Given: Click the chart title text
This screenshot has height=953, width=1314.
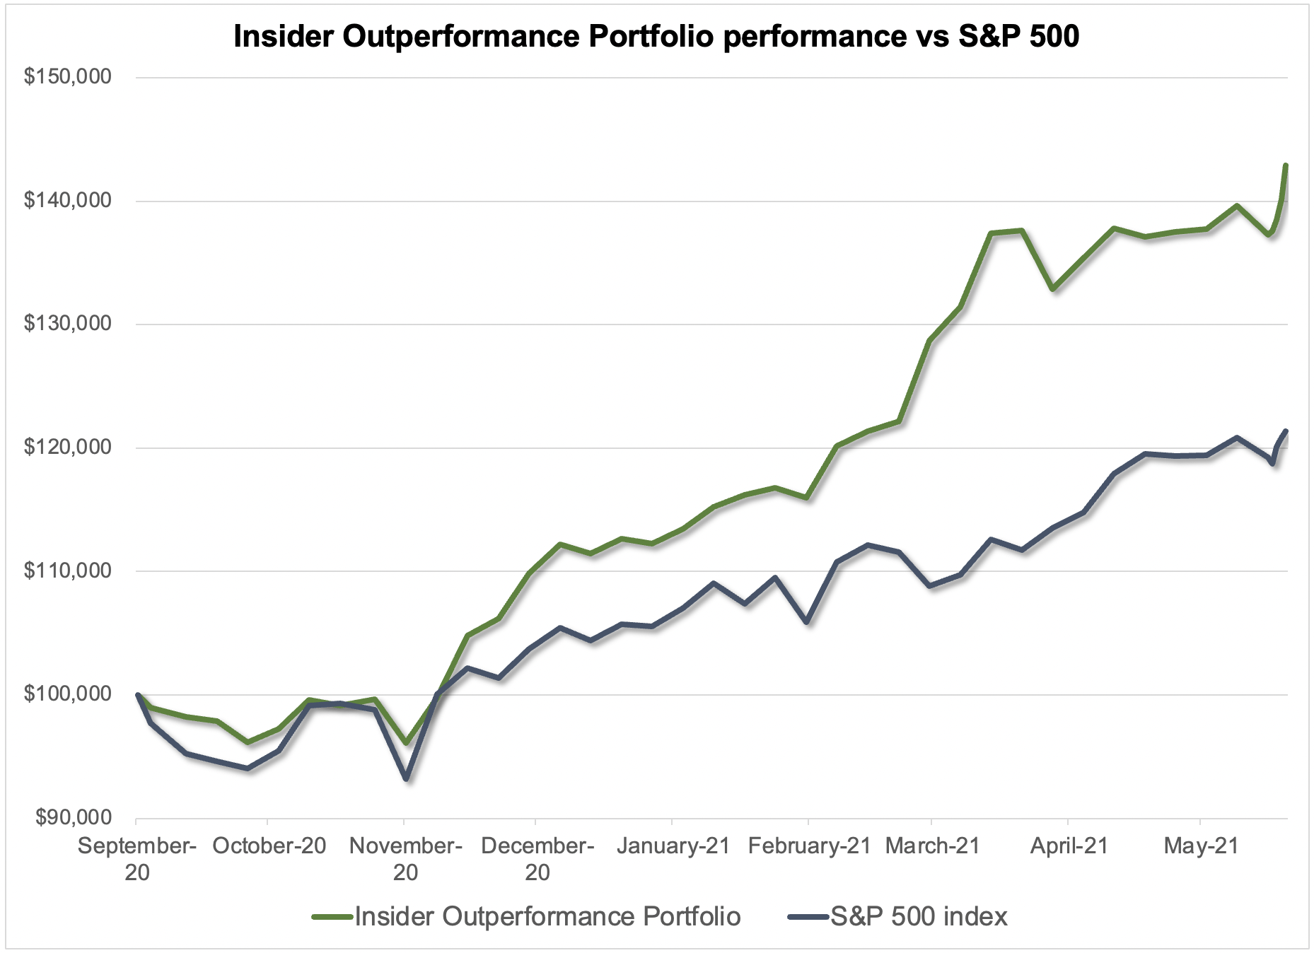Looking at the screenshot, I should coord(656,37).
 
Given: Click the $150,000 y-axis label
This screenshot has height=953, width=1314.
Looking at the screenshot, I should coord(68,76).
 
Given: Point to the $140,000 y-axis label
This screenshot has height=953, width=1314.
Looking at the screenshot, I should coord(68,200).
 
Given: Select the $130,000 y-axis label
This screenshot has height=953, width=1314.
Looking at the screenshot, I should coord(68,323).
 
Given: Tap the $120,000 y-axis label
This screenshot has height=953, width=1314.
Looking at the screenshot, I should coord(68,447).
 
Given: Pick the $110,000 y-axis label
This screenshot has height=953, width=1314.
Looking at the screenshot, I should coord(68,570).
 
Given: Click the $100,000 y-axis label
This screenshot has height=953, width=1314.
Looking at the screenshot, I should coord(68,694).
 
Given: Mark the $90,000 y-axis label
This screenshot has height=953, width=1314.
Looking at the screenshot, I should coord(74,817).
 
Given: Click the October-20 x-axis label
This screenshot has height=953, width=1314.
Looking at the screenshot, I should coord(269,846).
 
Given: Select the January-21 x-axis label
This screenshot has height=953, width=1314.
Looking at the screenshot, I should coord(673,846).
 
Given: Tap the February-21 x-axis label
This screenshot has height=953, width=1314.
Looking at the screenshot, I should coord(809,846).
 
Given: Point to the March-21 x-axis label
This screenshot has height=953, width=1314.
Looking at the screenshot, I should coord(933,846).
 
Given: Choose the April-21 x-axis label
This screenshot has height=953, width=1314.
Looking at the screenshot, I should coord(1069,846).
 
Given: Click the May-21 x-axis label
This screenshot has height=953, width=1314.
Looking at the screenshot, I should coord(1201,846).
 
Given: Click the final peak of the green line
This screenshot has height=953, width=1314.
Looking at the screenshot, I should coord(1286,165).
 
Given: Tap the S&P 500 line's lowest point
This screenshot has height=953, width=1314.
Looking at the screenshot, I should coord(406,779).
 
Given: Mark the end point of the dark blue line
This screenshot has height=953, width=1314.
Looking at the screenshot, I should coord(1286,431).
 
